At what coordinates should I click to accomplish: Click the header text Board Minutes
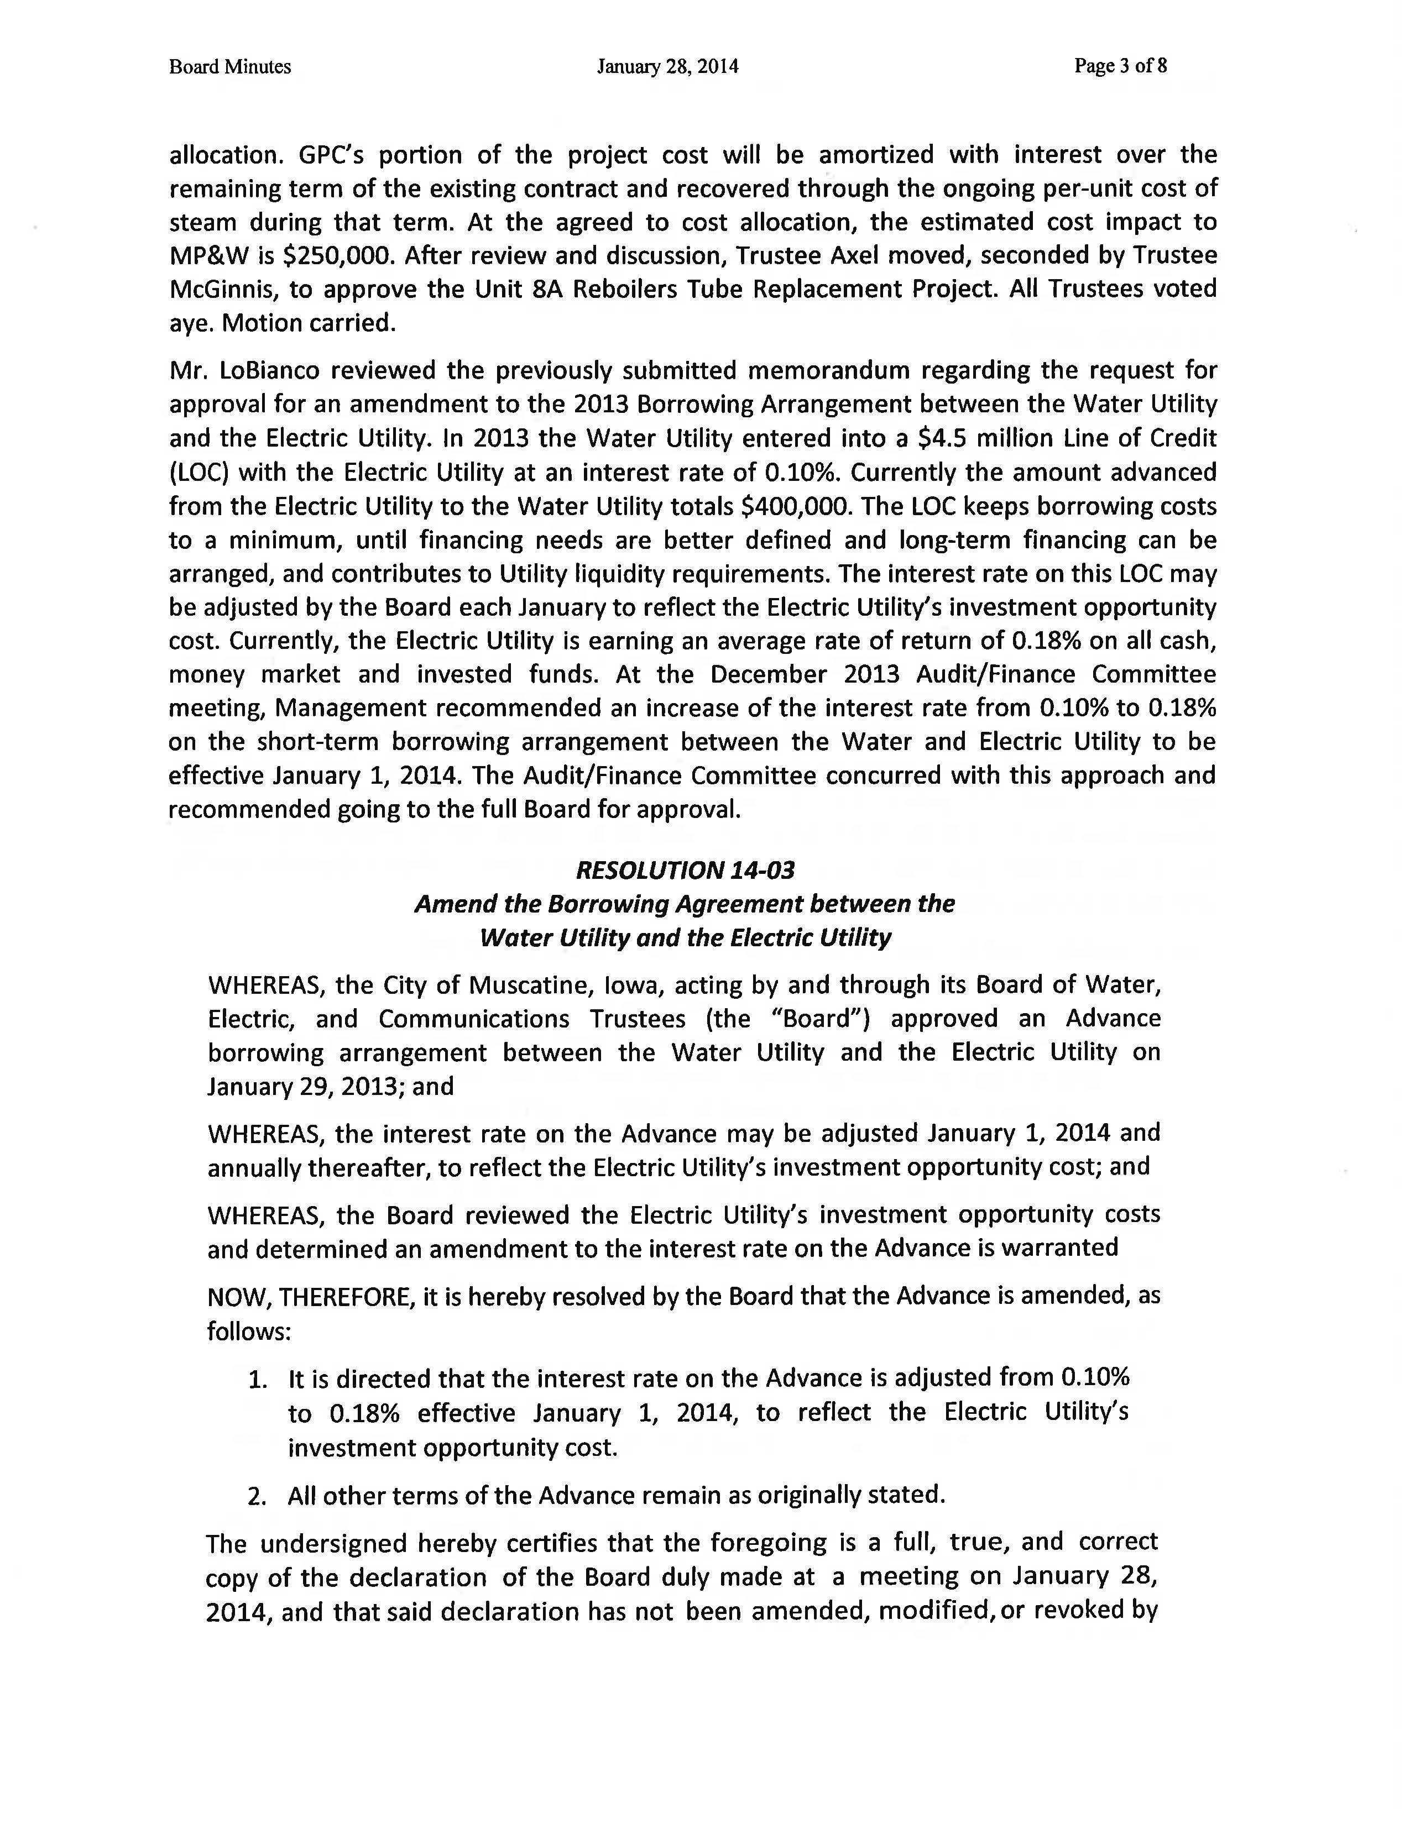[x=229, y=67]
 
